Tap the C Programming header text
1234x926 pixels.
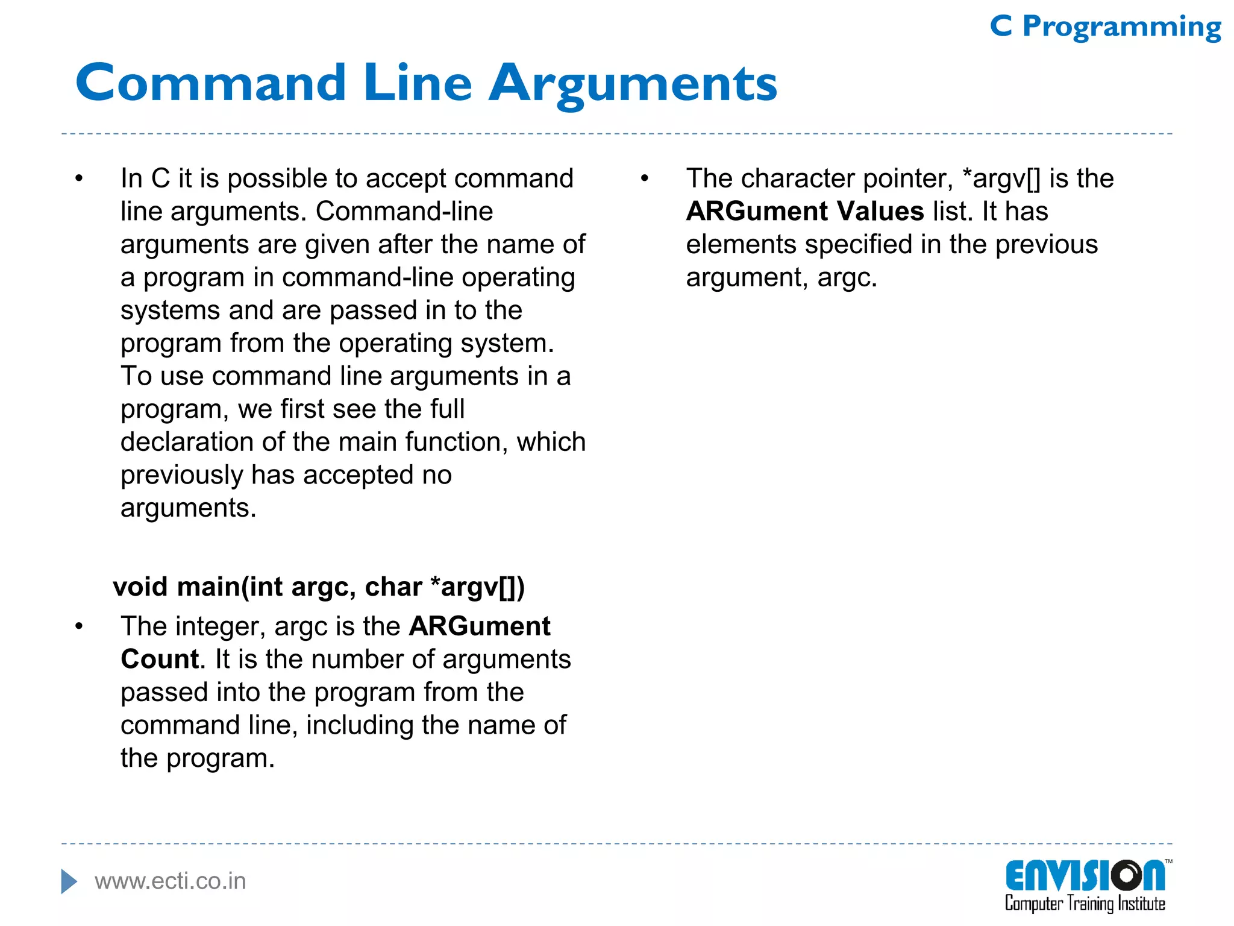coord(1105,27)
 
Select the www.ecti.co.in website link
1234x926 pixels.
coord(171,881)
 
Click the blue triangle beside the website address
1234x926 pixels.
coord(69,881)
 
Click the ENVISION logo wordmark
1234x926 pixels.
coord(1085,876)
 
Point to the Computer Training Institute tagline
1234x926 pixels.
coord(1085,904)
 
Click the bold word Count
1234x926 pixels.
coord(160,659)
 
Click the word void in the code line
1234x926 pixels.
coord(140,587)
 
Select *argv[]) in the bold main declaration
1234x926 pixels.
coord(478,587)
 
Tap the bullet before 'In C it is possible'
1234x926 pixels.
coord(79,178)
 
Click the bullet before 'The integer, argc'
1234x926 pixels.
coord(79,626)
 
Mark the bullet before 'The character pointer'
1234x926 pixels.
coord(644,178)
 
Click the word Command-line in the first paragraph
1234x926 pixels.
coord(404,212)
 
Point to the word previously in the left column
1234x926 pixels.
coord(181,475)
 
